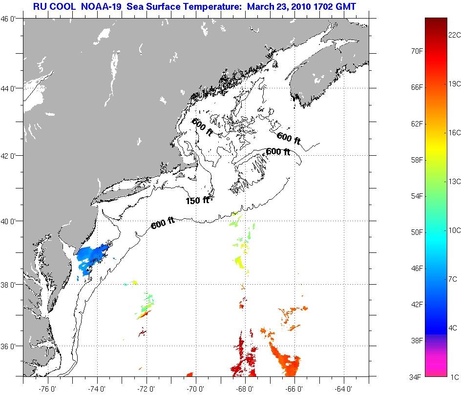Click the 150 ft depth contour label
(197, 200)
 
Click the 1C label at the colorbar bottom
(455, 376)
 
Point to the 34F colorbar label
(417, 376)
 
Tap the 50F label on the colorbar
(417, 231)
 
